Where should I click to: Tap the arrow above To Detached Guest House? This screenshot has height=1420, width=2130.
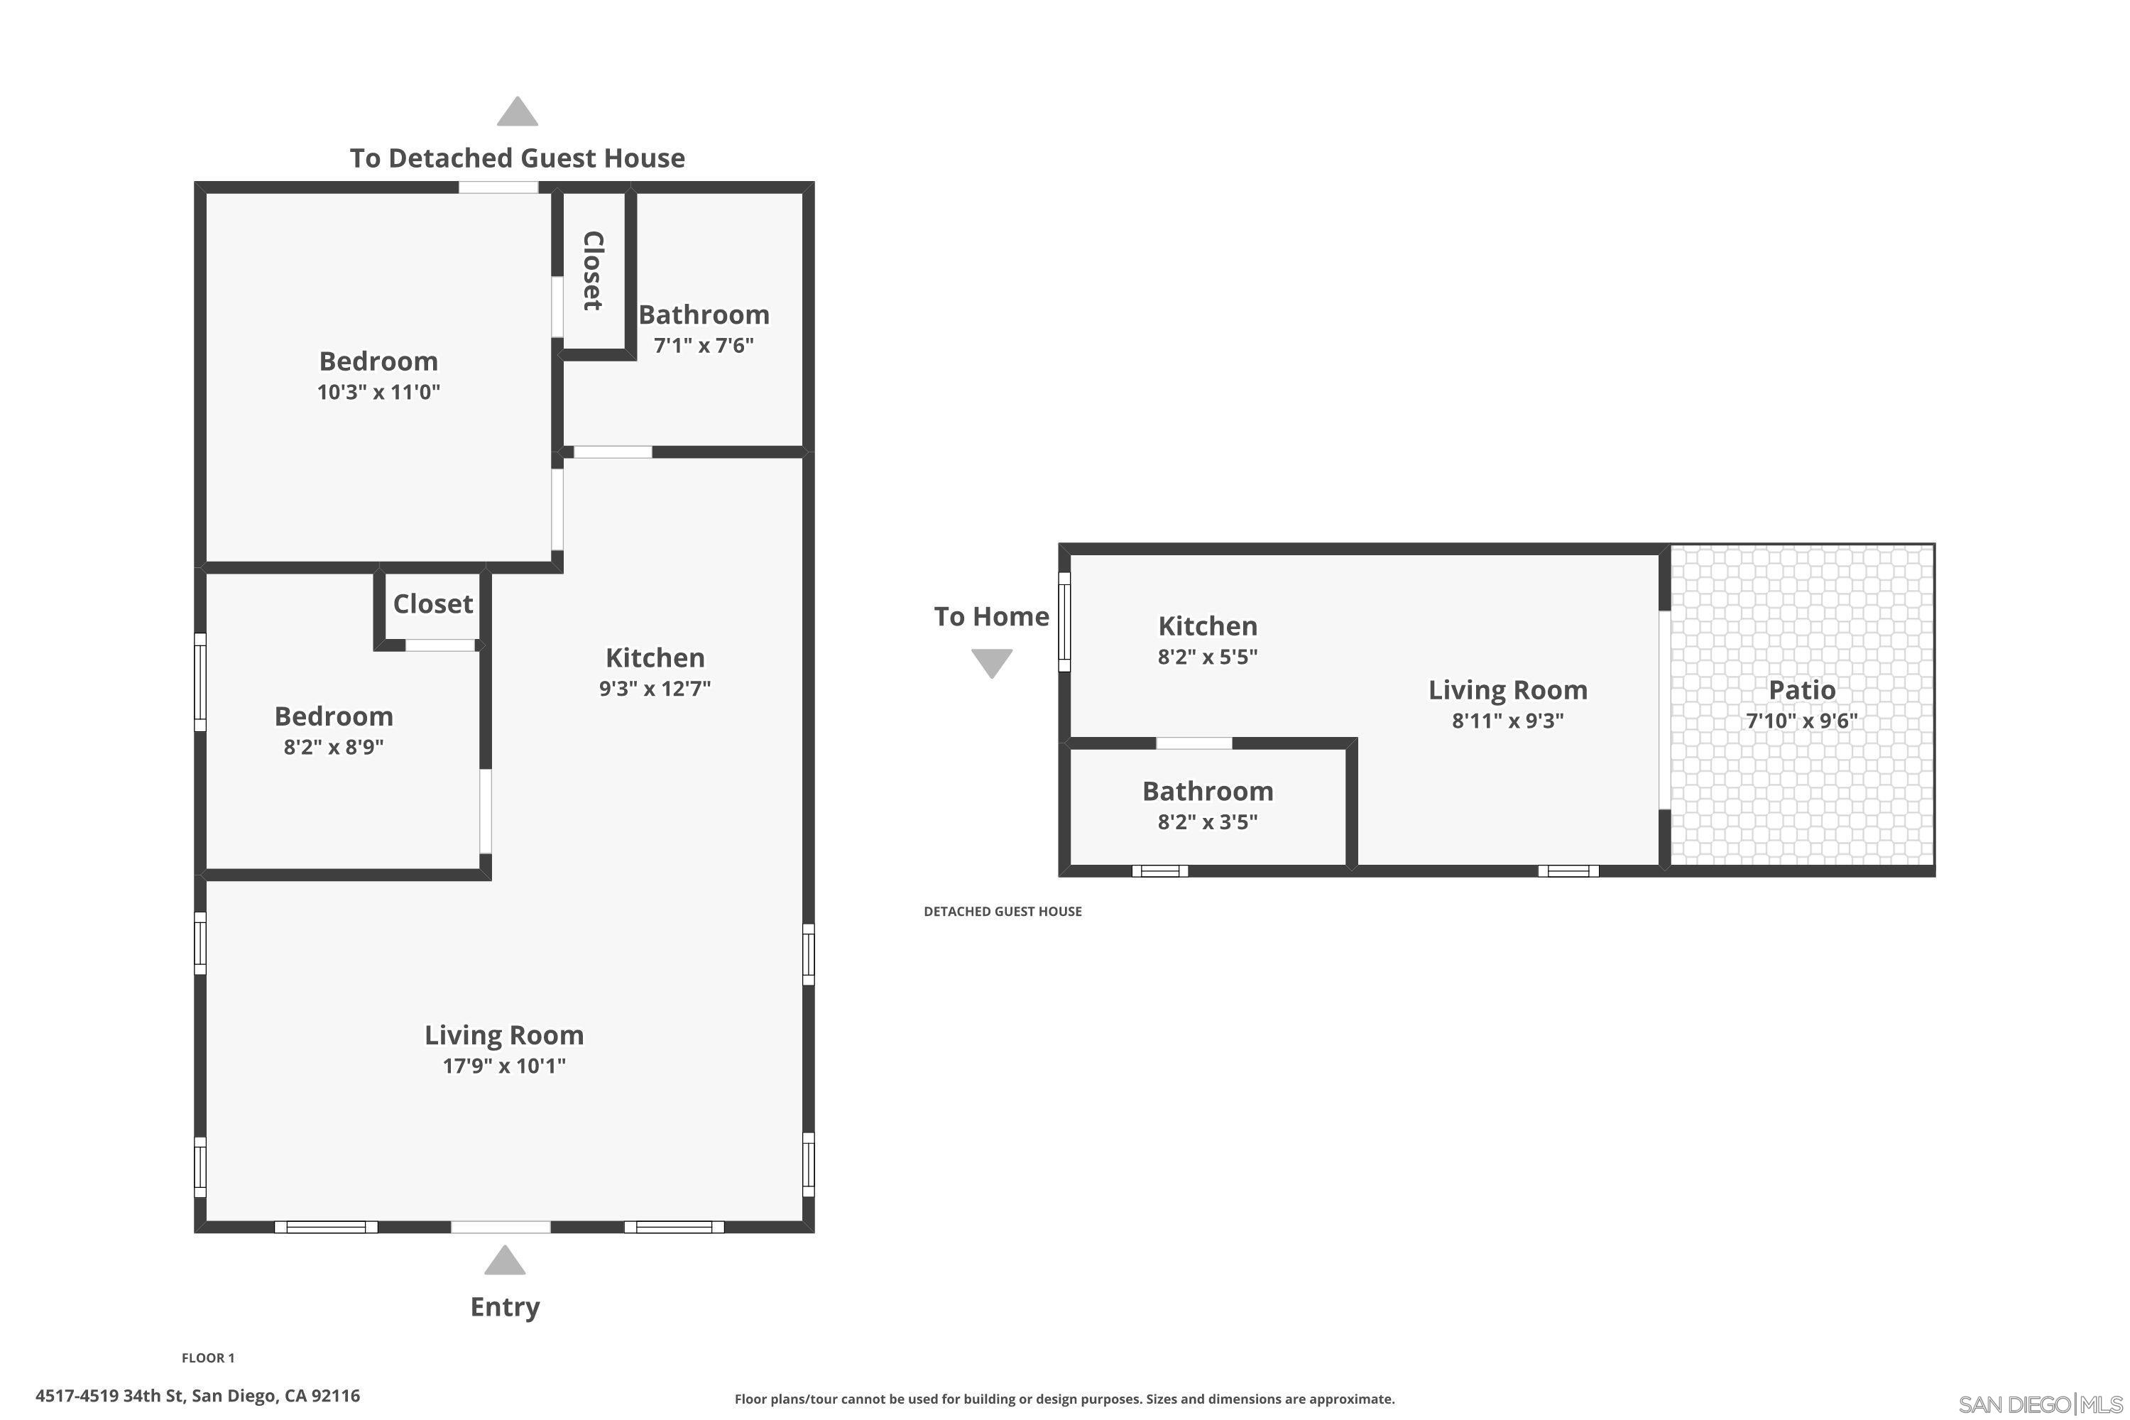click(x=517, y=111)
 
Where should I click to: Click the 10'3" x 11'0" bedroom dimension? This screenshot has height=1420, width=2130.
click(x=378, y=392)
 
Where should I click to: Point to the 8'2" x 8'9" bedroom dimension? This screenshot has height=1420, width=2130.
click(x=333, y=747)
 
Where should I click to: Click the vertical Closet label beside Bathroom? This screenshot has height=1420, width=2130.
click(x=593, y=271)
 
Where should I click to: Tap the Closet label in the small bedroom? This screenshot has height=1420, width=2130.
click(x=433, y=604)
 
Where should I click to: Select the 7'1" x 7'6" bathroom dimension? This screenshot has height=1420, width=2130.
click(x=704, y=345)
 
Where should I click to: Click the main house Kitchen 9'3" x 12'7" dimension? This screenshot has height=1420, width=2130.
click(x=655, y=688)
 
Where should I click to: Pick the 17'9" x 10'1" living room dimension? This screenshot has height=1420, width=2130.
click(x=503, y=1066)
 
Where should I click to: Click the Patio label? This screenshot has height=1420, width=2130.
click(x=1801, y=690)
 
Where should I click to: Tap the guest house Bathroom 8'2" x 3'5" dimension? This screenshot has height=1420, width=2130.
click(x=1207, y=821)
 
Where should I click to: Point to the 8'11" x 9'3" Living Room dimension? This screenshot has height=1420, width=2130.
click(x=1508, y=721)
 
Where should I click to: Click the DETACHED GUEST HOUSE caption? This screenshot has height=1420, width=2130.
click(x=1003, y=911)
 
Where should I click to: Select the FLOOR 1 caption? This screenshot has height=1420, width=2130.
click(x=207, y=1358)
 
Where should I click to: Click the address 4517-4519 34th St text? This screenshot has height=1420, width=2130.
click(x=197, y=1396)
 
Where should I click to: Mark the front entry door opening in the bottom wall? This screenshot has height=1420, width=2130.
click(x=501, y=1227)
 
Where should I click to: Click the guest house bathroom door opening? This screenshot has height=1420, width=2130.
click(x=1194, y=743)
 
